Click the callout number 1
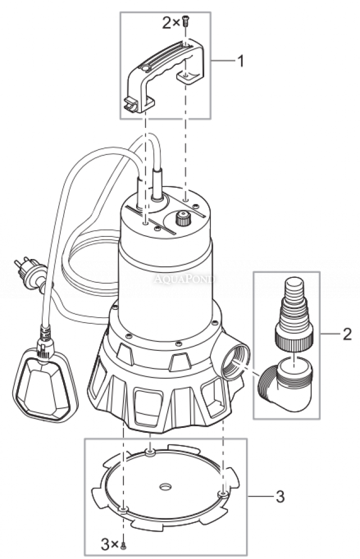(240, 60)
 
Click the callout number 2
(347, 334)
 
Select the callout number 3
(280, 496)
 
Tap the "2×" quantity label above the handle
(169, 23)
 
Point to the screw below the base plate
(124, 545)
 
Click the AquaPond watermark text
(184, 279)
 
